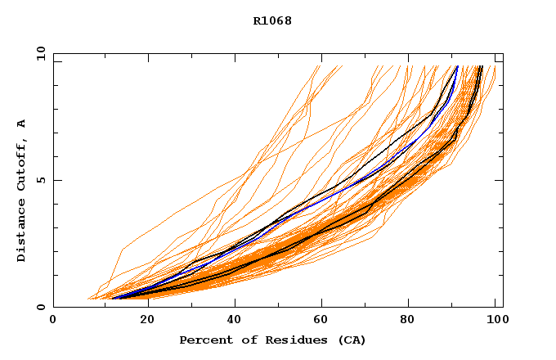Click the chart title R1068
[x=272, y=20]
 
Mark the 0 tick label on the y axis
[x=40, y=307]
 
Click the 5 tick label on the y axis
[x=40, y=180]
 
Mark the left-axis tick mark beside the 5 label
[x=56, y=180]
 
